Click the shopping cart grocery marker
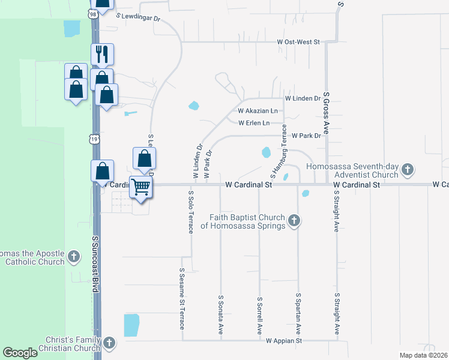coord(141,187)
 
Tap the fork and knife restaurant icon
coord(101,55)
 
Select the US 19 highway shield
coord(93,139)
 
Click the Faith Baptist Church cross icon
coord(294,221)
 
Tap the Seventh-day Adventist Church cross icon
coord(408,170)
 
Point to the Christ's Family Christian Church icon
coord(109,343)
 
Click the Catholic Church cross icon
coord(73,257)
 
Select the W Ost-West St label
coord(299,42)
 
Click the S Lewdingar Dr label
coord(139,18)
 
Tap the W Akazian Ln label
coord(258,111)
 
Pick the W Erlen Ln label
coord(254,123)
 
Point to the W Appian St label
coord(284,341)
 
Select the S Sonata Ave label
coord(221,314)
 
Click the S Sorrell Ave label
coord(260,315)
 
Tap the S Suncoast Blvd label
coord(95,264)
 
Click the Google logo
coord(20,353)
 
